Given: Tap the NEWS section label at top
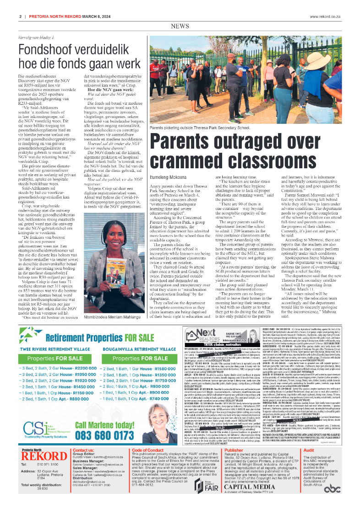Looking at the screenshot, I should coord(180,27).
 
